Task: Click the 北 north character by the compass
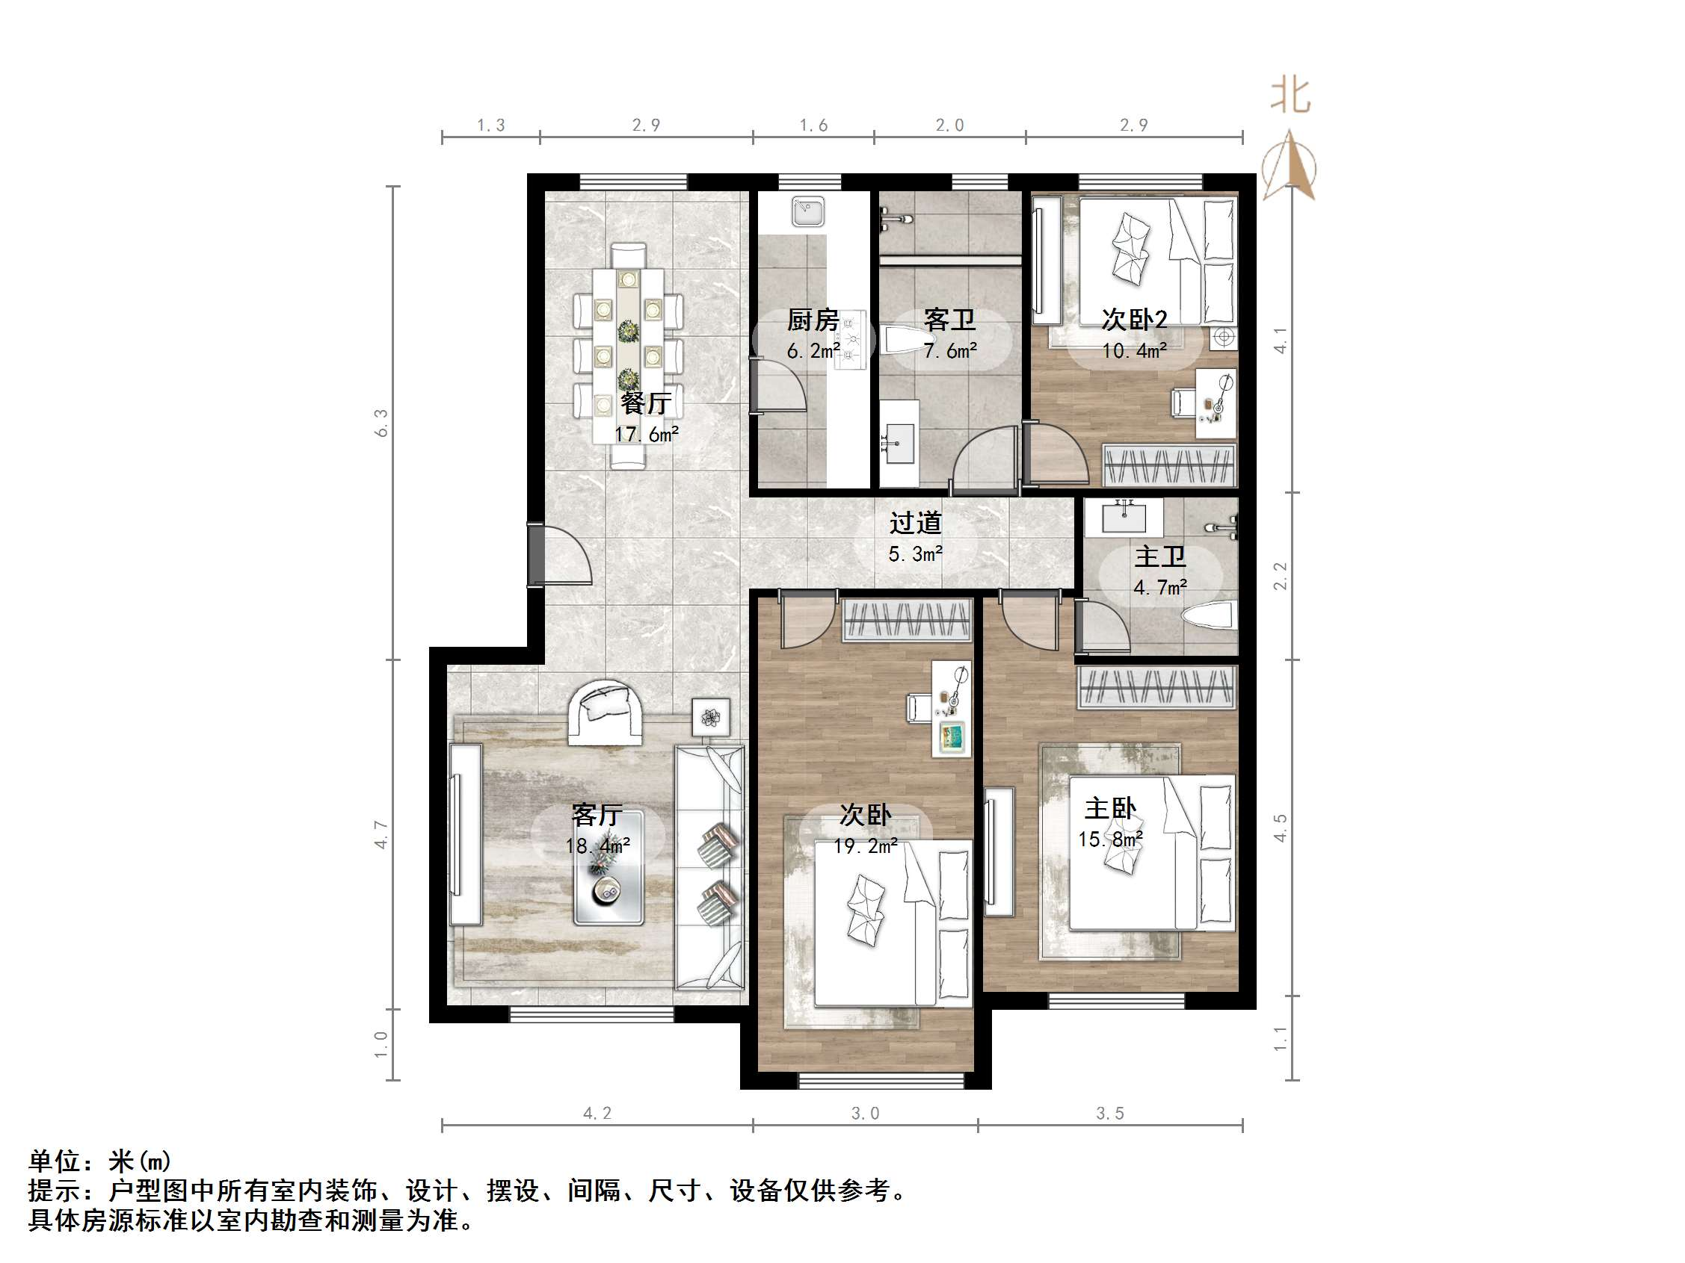pyautogui.click(x=1290, y=95)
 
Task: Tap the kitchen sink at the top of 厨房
pyautogui.click(x=807, y=211)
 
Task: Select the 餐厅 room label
pyautogui.click(x=645, y=403)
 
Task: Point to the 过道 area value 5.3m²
pyautogui.click(x=915, y=554)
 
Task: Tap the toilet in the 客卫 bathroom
pyautogui.click(x=908, y=340)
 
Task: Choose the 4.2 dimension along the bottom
pyautogui.click(x=597, y=1113)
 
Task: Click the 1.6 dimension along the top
pyautogui.click(x=813, y=125)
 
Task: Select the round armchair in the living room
pyautogui.click(x=606, y=712)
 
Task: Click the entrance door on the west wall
pyautogui.click(x=560, y=554)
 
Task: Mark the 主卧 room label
pyautogui.click(x=1110, y=808)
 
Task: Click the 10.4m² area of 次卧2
pyautogui.click(x=1134, y=351)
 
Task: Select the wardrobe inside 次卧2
pyautogui.click(x=1168, y=465)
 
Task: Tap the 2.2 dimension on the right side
pyautogui.click(x=1280, y=576)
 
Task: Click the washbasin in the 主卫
pyautogui.click(x=1124, y=518)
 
